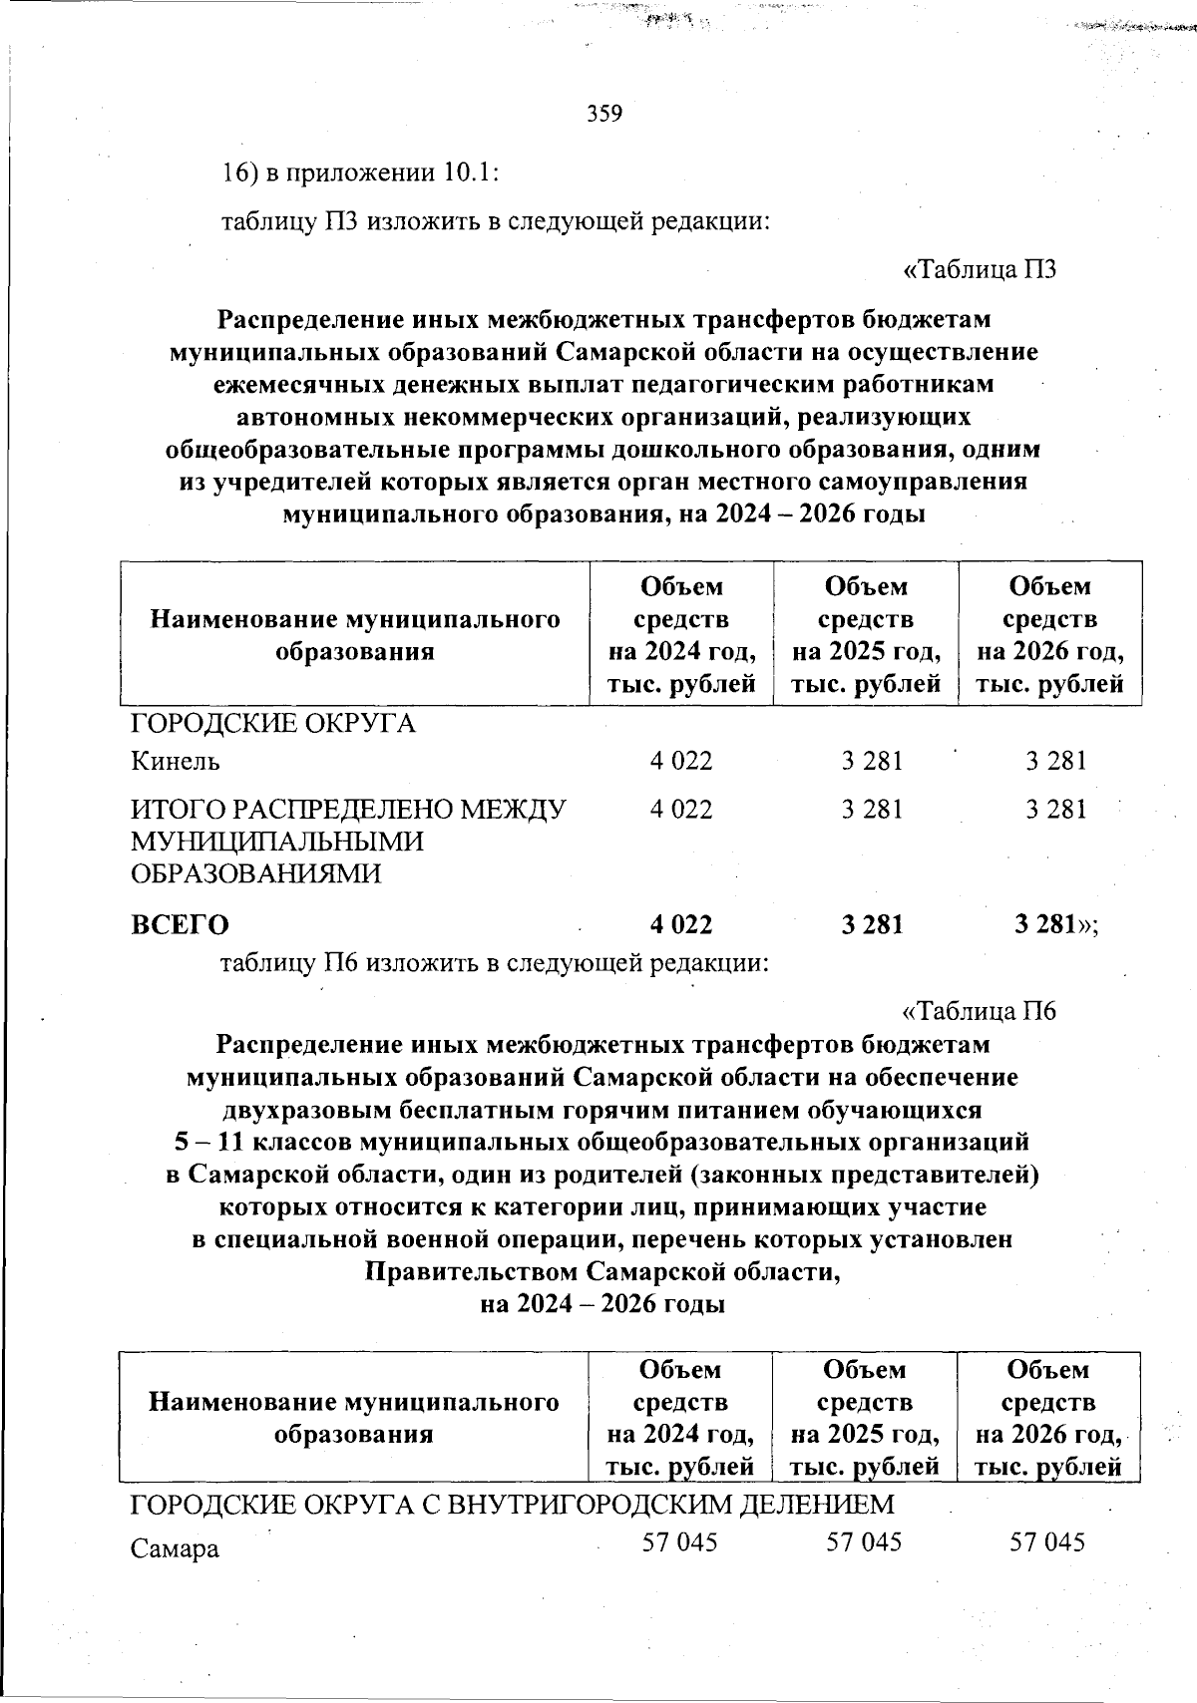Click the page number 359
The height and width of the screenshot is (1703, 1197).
(x=604, y=113)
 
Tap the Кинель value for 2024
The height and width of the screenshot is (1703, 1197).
(x=681, y=761)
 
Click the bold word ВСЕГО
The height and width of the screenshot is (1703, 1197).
(x=181, y=925)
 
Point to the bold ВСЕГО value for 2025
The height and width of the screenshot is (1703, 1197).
(x=872, y=924)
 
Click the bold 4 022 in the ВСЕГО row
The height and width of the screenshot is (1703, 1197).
(x=681, y=924)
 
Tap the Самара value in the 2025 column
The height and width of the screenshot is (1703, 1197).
(x=864, y=1542)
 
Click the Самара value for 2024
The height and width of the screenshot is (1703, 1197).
(x=680, y=1542)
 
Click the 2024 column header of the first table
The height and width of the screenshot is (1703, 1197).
(x=681, y=634)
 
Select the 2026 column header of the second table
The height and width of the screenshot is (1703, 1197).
(x=1048, y=1418)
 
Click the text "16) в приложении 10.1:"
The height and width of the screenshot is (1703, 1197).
(x=359, y=171)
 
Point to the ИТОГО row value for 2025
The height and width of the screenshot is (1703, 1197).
(x=872, y=809)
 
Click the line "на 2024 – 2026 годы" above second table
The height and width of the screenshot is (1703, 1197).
(x=602, y=1305)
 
